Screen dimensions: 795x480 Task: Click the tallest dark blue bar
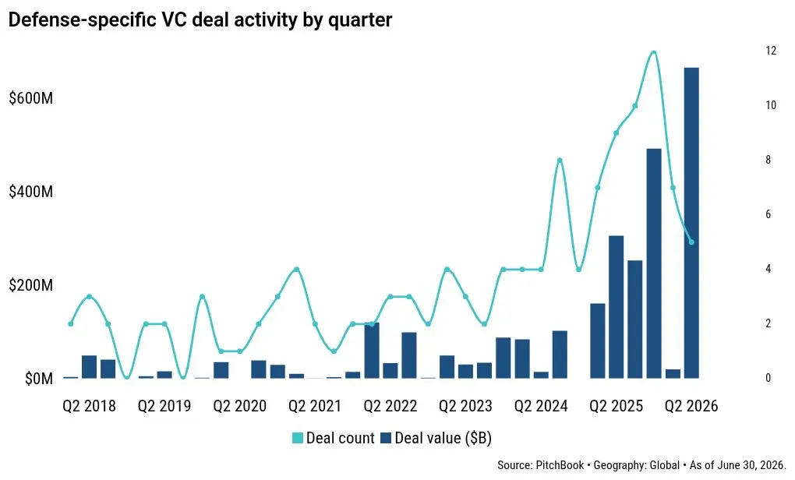tap(691, 223)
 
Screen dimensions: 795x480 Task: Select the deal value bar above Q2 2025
tap(616, 307)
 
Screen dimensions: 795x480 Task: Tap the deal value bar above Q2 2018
tap(89, 367)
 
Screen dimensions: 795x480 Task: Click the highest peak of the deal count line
tap(654, 52)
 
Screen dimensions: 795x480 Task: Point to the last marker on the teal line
tap(691, 242)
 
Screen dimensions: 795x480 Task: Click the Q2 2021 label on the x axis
tap(315, 406)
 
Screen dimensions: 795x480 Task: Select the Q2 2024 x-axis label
tap(541, 406)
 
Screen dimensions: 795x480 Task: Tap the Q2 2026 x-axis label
tap(691, 406)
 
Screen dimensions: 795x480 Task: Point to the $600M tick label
tap(31, 98)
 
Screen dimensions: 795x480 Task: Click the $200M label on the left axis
tap(31, 285)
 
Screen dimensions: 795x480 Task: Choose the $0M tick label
tap(39, 379)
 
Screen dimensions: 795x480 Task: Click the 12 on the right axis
tap(771, 51)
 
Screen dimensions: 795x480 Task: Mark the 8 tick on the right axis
tap(768, 160)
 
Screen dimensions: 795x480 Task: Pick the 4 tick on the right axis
tap(768, 269)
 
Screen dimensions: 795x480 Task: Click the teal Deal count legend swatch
tap(298, 438)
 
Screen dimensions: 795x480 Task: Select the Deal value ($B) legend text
tap(443, 438)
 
